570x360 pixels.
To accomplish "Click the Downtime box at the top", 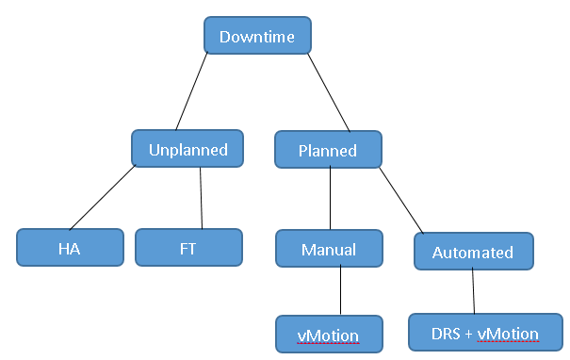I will click(257, 37).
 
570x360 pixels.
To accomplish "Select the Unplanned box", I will click(188, 149).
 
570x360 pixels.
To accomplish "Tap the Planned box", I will click(328, 150).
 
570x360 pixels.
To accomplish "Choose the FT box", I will click(188, 248).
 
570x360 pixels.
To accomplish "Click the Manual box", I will click(329, 250).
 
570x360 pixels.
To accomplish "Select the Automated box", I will click(473, 252).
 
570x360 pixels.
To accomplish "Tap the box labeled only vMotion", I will click(329, 334).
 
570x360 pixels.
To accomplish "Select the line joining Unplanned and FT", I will click(202, 197).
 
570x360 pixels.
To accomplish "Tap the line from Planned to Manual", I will click(329, 199).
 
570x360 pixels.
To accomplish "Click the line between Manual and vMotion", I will click(340, 292).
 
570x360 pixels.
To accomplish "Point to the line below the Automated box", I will click(473, 292).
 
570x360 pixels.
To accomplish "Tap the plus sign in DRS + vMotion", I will click(468, 333).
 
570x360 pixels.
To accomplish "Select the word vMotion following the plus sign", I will click(509, 333).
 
